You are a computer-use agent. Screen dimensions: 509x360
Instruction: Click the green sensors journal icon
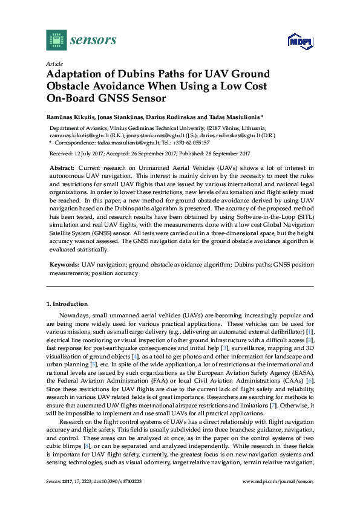[56, 41]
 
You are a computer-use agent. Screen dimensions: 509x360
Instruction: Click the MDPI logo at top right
[299, 41]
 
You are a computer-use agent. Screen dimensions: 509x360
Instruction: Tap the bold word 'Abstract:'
[62, 167]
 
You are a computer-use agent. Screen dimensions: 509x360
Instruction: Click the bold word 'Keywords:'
[64, 265]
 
